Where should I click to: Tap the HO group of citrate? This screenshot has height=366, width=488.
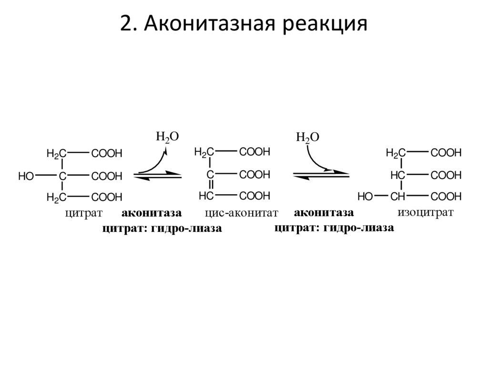26,176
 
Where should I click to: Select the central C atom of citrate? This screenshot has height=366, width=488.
62,176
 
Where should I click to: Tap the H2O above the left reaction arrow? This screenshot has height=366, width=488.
167,136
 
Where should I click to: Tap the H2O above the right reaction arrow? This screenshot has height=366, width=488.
307,137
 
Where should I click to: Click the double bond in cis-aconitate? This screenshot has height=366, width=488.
210,185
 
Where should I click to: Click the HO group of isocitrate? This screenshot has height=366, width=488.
365,196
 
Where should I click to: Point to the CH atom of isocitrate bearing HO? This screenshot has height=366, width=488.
397,196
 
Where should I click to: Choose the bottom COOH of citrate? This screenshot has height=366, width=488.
107,197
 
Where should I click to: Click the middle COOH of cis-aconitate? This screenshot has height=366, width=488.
254,174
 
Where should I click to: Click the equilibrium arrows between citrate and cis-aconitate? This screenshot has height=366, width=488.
158,175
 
